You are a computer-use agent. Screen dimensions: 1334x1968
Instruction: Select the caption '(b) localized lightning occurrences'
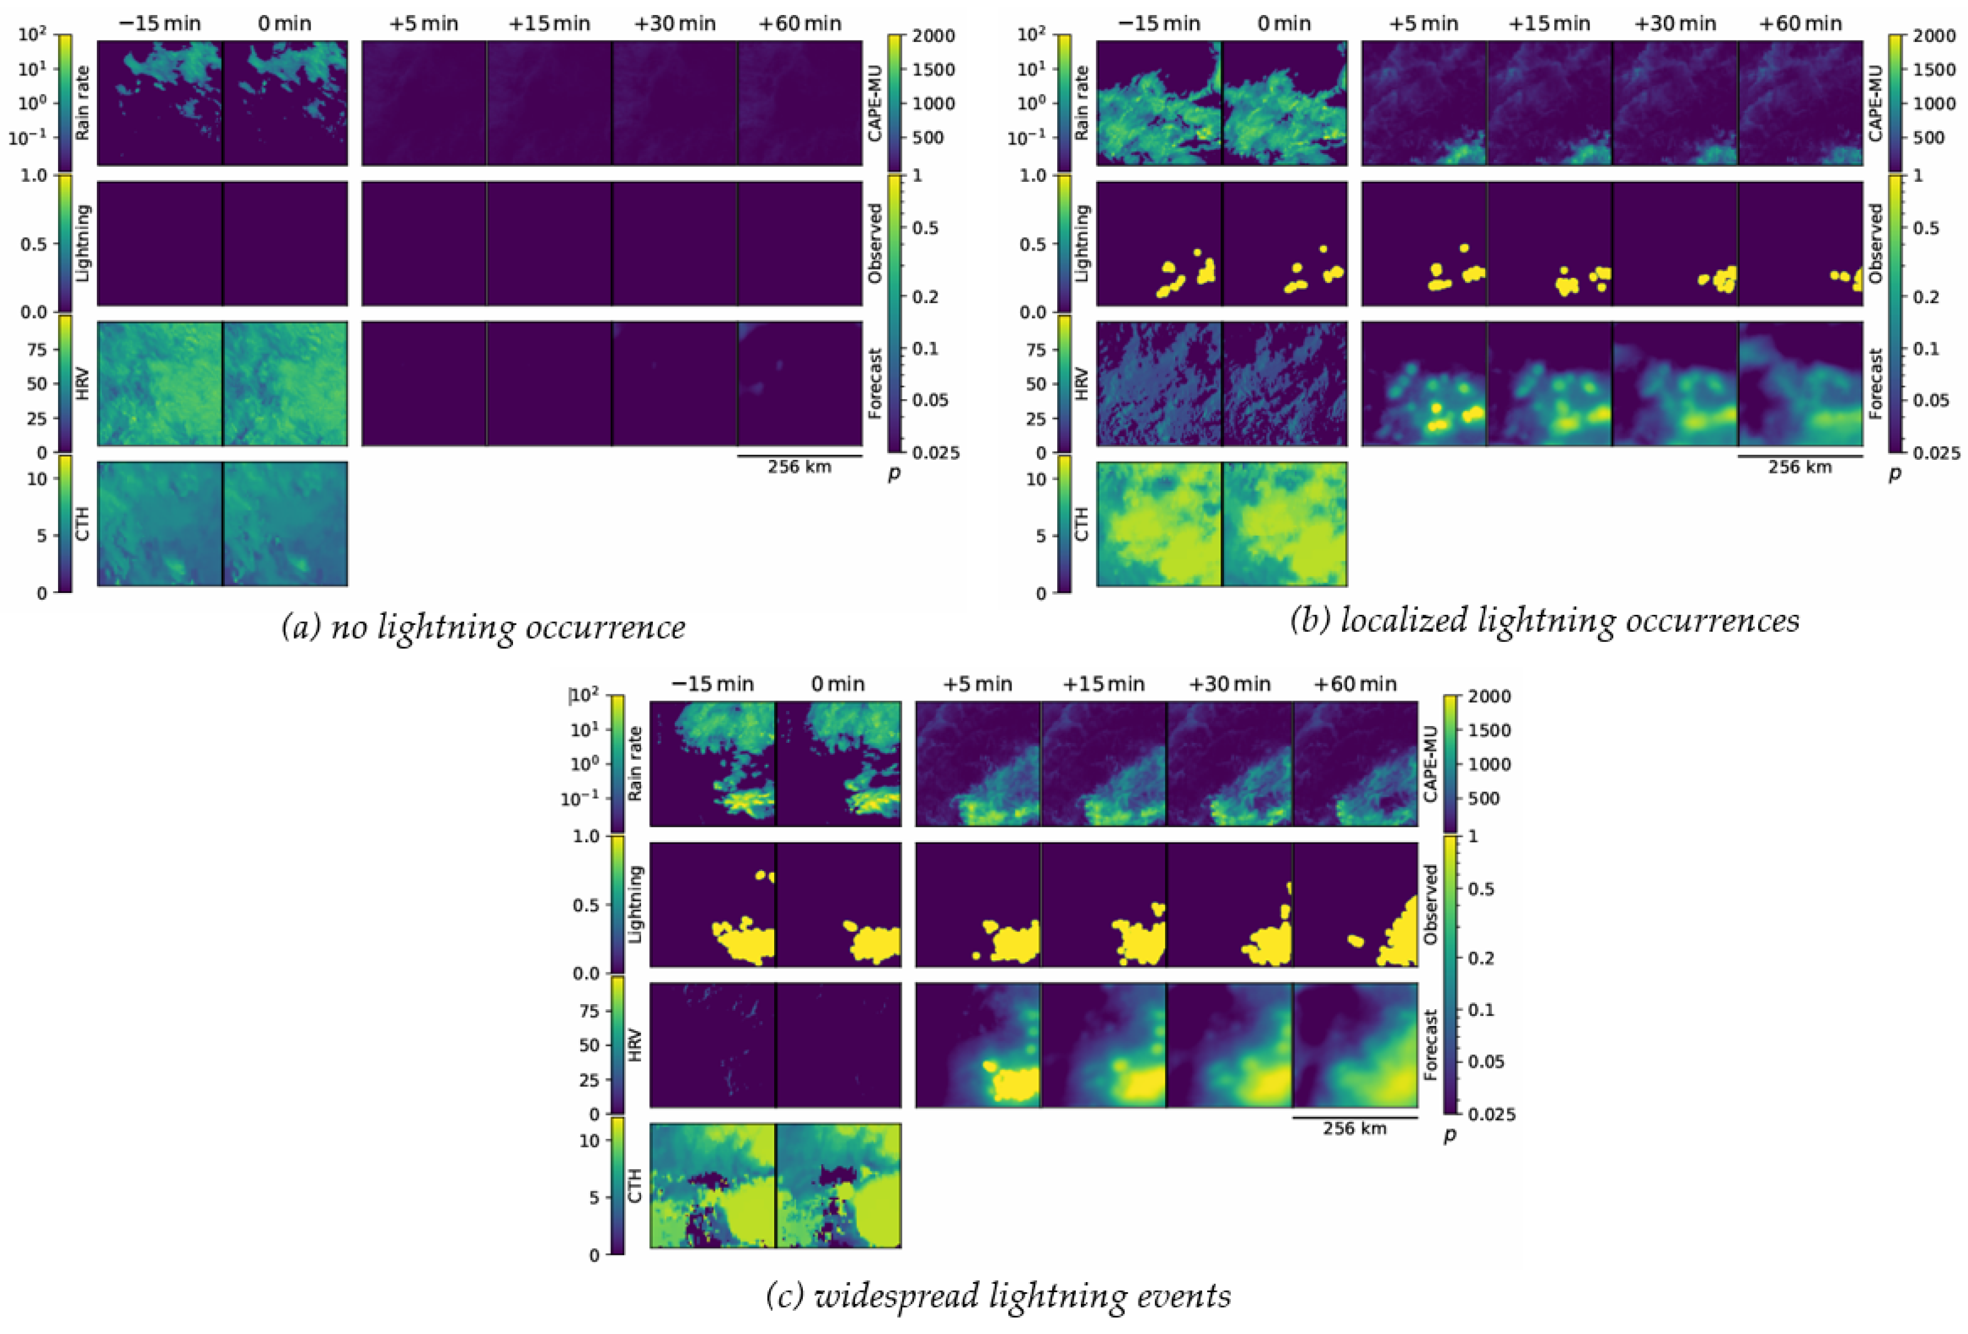coord(1544,622)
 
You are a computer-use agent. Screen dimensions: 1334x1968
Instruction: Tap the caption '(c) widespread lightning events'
coord(998,1296)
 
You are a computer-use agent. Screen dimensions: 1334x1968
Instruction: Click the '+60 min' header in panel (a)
coord(800,24)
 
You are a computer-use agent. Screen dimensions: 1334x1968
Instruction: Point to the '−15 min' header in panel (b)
coord(1158,24)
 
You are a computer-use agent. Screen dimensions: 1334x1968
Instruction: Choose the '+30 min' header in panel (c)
coord(1230,684)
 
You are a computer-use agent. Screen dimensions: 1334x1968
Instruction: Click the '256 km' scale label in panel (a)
coord(800,467)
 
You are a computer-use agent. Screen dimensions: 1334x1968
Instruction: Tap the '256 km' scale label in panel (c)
coord(1355,1128)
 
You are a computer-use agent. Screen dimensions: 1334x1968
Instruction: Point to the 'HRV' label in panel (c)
coord(635,1045)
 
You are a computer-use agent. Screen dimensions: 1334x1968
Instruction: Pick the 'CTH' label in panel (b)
coord(1081,524)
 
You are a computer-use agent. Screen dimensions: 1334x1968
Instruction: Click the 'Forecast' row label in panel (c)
coord(1430,1045)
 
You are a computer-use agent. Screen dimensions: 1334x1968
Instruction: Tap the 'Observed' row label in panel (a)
coord(876,243)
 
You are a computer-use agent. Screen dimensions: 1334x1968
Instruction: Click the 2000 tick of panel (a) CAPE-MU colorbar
coord(933,36)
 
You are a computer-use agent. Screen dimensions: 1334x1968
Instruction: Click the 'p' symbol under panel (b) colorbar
coord(1895,474)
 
